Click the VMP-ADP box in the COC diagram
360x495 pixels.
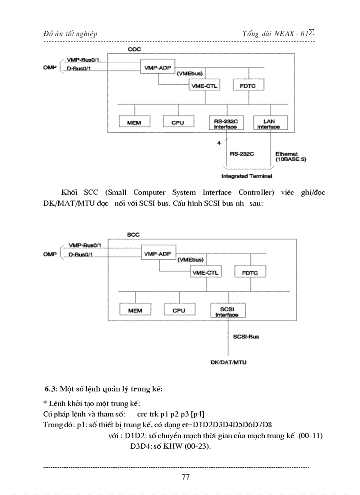(157, 67)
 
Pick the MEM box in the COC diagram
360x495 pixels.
(134, 122)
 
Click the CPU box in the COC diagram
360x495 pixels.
(178, 122)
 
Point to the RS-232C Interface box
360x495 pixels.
(225, 123)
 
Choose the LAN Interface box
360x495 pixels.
(269, 123)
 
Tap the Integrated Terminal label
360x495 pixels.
(247, 176)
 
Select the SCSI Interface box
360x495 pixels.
(227, 311)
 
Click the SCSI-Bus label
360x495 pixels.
(246, 337)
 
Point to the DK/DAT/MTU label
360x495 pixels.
(228, 362)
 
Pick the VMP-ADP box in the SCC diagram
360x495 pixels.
(158, 254)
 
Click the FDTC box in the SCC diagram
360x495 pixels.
(250, 272)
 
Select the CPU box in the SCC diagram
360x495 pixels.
(179, 310)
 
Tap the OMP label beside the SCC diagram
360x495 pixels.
(50, 254)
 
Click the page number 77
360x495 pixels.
(185, 476)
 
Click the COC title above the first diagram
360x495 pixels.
(134, 49)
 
